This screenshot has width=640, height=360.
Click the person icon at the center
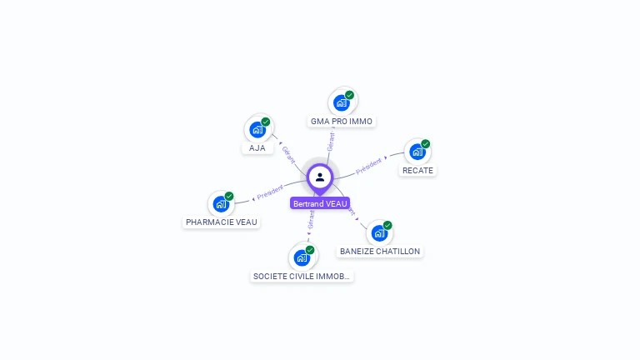coord(320,177)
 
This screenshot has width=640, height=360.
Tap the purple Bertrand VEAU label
coord(320,203)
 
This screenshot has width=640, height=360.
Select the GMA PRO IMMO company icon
coord(341,102)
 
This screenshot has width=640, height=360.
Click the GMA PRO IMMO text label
coord(342,122)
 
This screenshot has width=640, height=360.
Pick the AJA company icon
coord(257,129)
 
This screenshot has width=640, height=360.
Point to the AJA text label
coord(257,148)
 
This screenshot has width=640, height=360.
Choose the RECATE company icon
coord(417,152)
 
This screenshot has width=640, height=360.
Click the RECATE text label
coord(417,171)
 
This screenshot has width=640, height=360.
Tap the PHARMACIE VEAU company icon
coord(221,203)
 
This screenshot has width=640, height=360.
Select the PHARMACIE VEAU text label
coord(222,222)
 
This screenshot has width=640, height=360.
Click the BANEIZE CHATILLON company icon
coord(379,232)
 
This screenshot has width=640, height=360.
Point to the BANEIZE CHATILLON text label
coord(380,252)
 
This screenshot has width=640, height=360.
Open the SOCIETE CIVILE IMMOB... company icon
coord(302,257)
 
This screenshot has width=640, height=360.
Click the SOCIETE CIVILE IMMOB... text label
coord(302,277)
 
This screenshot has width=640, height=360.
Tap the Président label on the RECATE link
coord(368,166)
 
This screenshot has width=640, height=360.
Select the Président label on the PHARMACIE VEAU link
coord(270,192)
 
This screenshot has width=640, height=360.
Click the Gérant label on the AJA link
coord(288,154)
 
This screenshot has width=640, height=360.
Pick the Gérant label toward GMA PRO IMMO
coord(331,142)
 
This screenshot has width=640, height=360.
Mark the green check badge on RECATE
coord(425,144)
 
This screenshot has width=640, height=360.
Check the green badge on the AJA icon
coord(266,122)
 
